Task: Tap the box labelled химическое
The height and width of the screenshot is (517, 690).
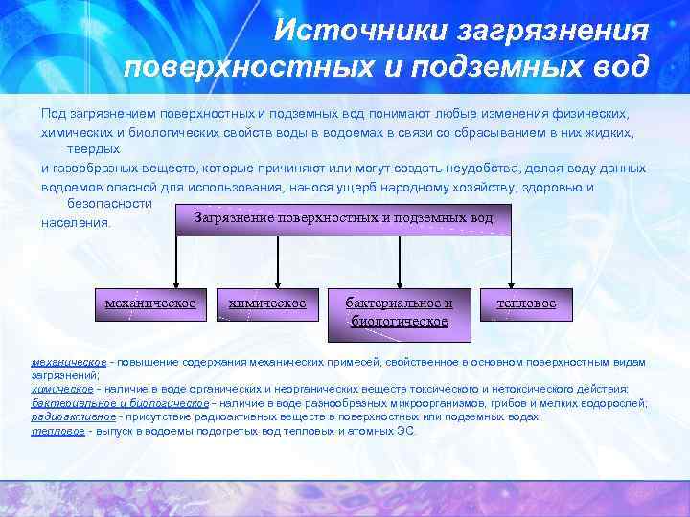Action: point(267,303)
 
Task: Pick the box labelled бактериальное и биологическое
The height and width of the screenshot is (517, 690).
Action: point(400,312)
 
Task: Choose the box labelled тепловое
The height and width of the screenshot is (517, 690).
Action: point(526,303)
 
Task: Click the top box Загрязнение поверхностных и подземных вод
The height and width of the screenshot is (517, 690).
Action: point(343,218)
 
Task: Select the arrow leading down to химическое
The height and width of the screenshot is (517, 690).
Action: point(278,260)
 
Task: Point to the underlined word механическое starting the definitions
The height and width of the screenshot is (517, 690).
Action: point(68,363)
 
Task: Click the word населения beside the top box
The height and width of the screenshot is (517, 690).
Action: point(77,224)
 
